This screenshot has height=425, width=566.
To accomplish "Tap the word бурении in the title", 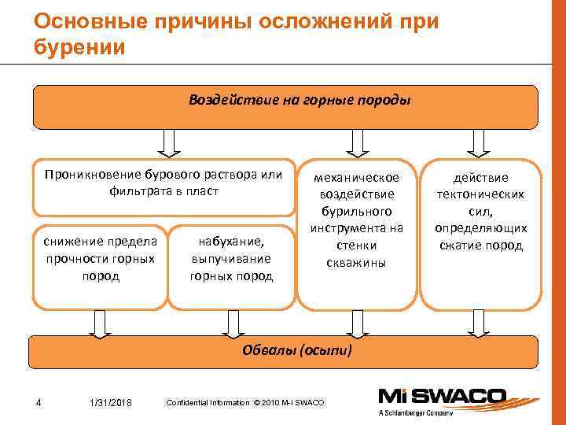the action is pyautogui.click(x=79, y=46).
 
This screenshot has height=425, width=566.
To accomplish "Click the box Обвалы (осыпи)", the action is pyautogui.click(x=285, y=350).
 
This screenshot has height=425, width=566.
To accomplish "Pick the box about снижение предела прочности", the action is pyautogui.click(x=101, y=258).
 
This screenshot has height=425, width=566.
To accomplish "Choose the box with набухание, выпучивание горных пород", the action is pyautogui.click(x=231, y=258).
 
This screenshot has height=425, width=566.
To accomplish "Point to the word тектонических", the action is pyautogui.click(x=480, y=194).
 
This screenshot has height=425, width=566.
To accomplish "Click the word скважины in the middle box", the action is pyautogui.click(x=356, y=263).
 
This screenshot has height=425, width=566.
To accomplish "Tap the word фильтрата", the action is pyautogui.click(x=141, y=190).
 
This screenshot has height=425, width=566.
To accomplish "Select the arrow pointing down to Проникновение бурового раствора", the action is pyautogui.click(x=167, y=142).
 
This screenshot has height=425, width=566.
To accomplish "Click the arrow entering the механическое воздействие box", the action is pyautogui.click(x=358, y=142).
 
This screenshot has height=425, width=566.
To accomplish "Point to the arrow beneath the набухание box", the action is pyautogui.click(x=233, y=323).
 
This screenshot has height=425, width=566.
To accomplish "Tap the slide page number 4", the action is pyautogui.click(x=39, y=404).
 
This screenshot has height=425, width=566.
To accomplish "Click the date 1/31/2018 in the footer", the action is pyautogui.click(x=110, y=404).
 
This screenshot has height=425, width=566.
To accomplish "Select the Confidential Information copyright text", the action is pyautogui.click(x=244, y=403).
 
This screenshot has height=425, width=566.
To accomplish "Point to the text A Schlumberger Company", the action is pyautogui.click(x=415, y=412).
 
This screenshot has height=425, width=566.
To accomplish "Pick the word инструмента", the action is pyautogui.click(x=356, y=228).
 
